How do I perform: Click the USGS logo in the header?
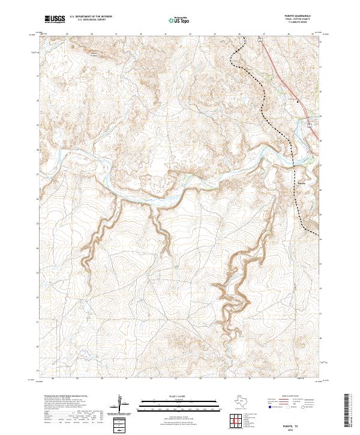55,19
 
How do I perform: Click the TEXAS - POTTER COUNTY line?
302,20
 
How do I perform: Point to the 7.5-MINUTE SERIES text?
302,23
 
